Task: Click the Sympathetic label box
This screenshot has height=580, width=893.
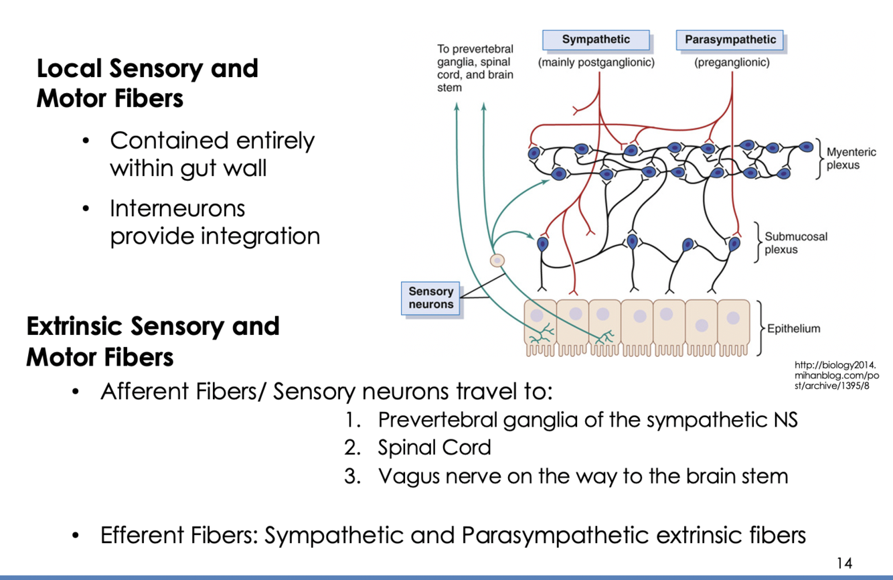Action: pyautogui.click(x=596, y=40)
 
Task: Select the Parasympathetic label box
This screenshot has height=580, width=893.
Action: pyautogui.click(x=730, y=40)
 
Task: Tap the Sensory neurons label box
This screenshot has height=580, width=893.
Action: pyautogui.click(x=431, y=298)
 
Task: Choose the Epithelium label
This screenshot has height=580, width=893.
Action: pyautogui.click(x=793, y=329)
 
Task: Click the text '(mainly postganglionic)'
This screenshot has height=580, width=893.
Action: pyautogui.click(x=596, y=63)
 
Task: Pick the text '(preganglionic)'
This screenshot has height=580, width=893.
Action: pyautogui.click(x=732, y=63)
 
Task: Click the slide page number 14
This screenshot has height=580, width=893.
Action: pyautogui.click(x=845, y=563)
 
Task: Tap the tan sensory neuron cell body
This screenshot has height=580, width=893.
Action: pyautogui.click(x=497, y=261)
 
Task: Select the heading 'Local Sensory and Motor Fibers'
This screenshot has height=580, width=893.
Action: pyautogui.click(x=147, y=83)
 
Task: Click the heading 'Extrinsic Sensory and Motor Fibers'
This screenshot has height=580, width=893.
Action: pyautogui.click(x=153, y=342)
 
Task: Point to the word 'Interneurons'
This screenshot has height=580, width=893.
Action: pyautogui.click(x=177, y=208)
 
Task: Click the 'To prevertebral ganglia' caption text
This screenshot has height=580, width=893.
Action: pyautogui.click(x=475, y=68)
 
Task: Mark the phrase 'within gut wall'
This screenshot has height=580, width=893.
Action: pyautogui.click(x=188, y=168)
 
